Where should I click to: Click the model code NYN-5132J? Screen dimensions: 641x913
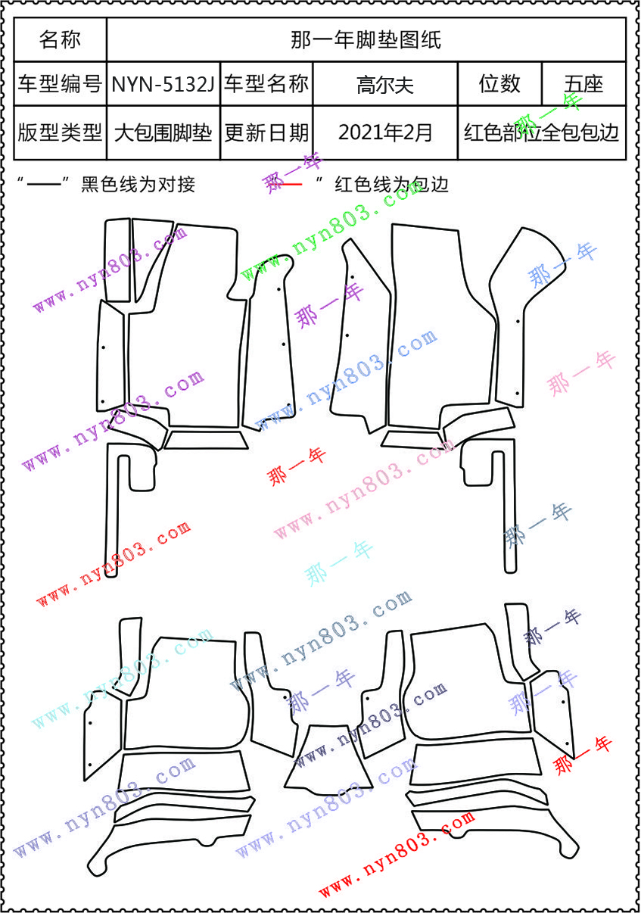pos(163,84)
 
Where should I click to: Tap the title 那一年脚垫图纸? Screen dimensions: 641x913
pos(366,40)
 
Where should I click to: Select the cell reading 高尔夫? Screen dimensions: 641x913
pos(385,85)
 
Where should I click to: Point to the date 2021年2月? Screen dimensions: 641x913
pos(385,132)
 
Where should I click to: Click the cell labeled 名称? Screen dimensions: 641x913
pos(60,39)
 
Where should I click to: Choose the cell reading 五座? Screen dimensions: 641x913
pos(583,84)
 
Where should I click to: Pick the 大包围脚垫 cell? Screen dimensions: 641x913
pos(163,132)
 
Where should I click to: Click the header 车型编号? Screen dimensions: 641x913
pos(60,84)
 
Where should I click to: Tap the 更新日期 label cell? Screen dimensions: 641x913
pos(266,132)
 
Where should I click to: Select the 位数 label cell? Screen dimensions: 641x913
pos(499,84)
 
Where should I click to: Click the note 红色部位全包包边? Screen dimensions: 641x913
pos(542,132)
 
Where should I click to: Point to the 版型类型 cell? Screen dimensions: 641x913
pos(60,132)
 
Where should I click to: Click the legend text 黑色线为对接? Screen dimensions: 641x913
pos(138,184)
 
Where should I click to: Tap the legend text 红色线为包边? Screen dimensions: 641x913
pos(391,184)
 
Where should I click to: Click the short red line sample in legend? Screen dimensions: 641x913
pos(291,185)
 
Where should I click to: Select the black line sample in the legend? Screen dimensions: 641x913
pos(44,185)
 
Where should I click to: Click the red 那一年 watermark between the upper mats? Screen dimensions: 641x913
pos(296,466)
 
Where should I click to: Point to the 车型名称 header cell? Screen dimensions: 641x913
pos(266,84)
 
